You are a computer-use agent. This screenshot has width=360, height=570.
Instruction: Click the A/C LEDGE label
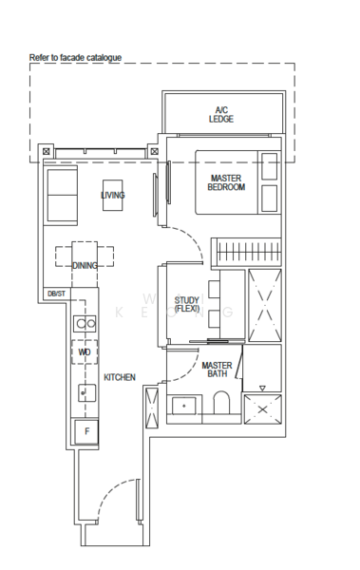pyautogui.click(x=221, y=114)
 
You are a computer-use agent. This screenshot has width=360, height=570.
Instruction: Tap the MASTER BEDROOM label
pyautogui.click(x=226, y=181)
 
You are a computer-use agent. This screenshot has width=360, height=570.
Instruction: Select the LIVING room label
pyautogui.click(x=113, y=196)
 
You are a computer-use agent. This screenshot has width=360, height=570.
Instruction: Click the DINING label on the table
pyautogui.click(x=85, y=266)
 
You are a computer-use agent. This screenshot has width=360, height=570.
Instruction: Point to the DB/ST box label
pyautogui.click(x=56, y=294)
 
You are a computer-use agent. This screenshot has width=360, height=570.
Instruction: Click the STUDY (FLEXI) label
pyautogui.click(x=185, y=305)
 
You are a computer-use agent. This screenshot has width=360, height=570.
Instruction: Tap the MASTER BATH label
pyautogui.click(x=216, y=370)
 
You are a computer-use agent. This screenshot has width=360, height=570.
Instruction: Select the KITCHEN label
pyautogui.click(x=120, y=377)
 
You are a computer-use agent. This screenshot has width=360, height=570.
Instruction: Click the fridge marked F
pyautogui.click(x=87, y=431)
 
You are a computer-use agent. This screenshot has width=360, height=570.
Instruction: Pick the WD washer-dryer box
pyautogui.click(x=85, y=352)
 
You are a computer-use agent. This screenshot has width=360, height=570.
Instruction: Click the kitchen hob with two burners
pyautogui.click(x=85, y=323)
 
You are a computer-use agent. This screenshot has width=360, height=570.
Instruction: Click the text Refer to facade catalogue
pyautogui.click(x=76, y=58)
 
